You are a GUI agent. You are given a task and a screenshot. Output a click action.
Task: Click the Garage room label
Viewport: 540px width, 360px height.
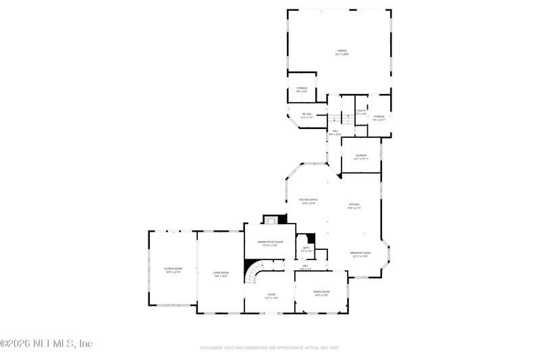pos(342,52)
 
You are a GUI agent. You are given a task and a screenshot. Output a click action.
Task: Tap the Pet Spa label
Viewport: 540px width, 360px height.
pos(306,115)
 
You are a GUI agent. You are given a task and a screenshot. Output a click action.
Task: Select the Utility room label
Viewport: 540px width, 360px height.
pos(362,111)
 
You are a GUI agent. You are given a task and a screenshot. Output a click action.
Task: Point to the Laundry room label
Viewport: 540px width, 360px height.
pos(361,156)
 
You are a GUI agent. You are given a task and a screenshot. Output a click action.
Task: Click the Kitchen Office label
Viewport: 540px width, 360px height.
pos(308,201)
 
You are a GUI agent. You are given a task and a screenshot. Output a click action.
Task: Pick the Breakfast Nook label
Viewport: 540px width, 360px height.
pos(360,254)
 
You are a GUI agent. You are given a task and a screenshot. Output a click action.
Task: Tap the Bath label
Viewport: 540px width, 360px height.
pos(306,249)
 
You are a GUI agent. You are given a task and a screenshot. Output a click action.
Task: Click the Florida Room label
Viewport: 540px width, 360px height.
pos(173,270)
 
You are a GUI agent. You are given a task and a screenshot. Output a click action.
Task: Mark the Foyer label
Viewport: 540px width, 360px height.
pos(271,295)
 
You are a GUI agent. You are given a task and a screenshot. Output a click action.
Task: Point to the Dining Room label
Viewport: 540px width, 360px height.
pos(321,293)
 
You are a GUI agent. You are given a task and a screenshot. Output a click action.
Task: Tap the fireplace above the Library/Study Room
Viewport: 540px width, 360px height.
pos(271,220)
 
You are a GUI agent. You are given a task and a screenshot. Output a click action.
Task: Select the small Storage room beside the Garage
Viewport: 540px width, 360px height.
pos(302,89)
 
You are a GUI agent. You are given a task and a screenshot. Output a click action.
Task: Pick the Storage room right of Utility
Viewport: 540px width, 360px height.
pos(379,118)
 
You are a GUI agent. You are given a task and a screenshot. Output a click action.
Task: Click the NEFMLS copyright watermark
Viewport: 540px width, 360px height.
pos(46,344)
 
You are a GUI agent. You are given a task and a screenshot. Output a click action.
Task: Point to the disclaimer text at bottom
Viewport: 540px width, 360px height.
pos(269,348)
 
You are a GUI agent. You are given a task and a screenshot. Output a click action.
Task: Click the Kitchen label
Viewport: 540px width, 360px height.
pos(354,205)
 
